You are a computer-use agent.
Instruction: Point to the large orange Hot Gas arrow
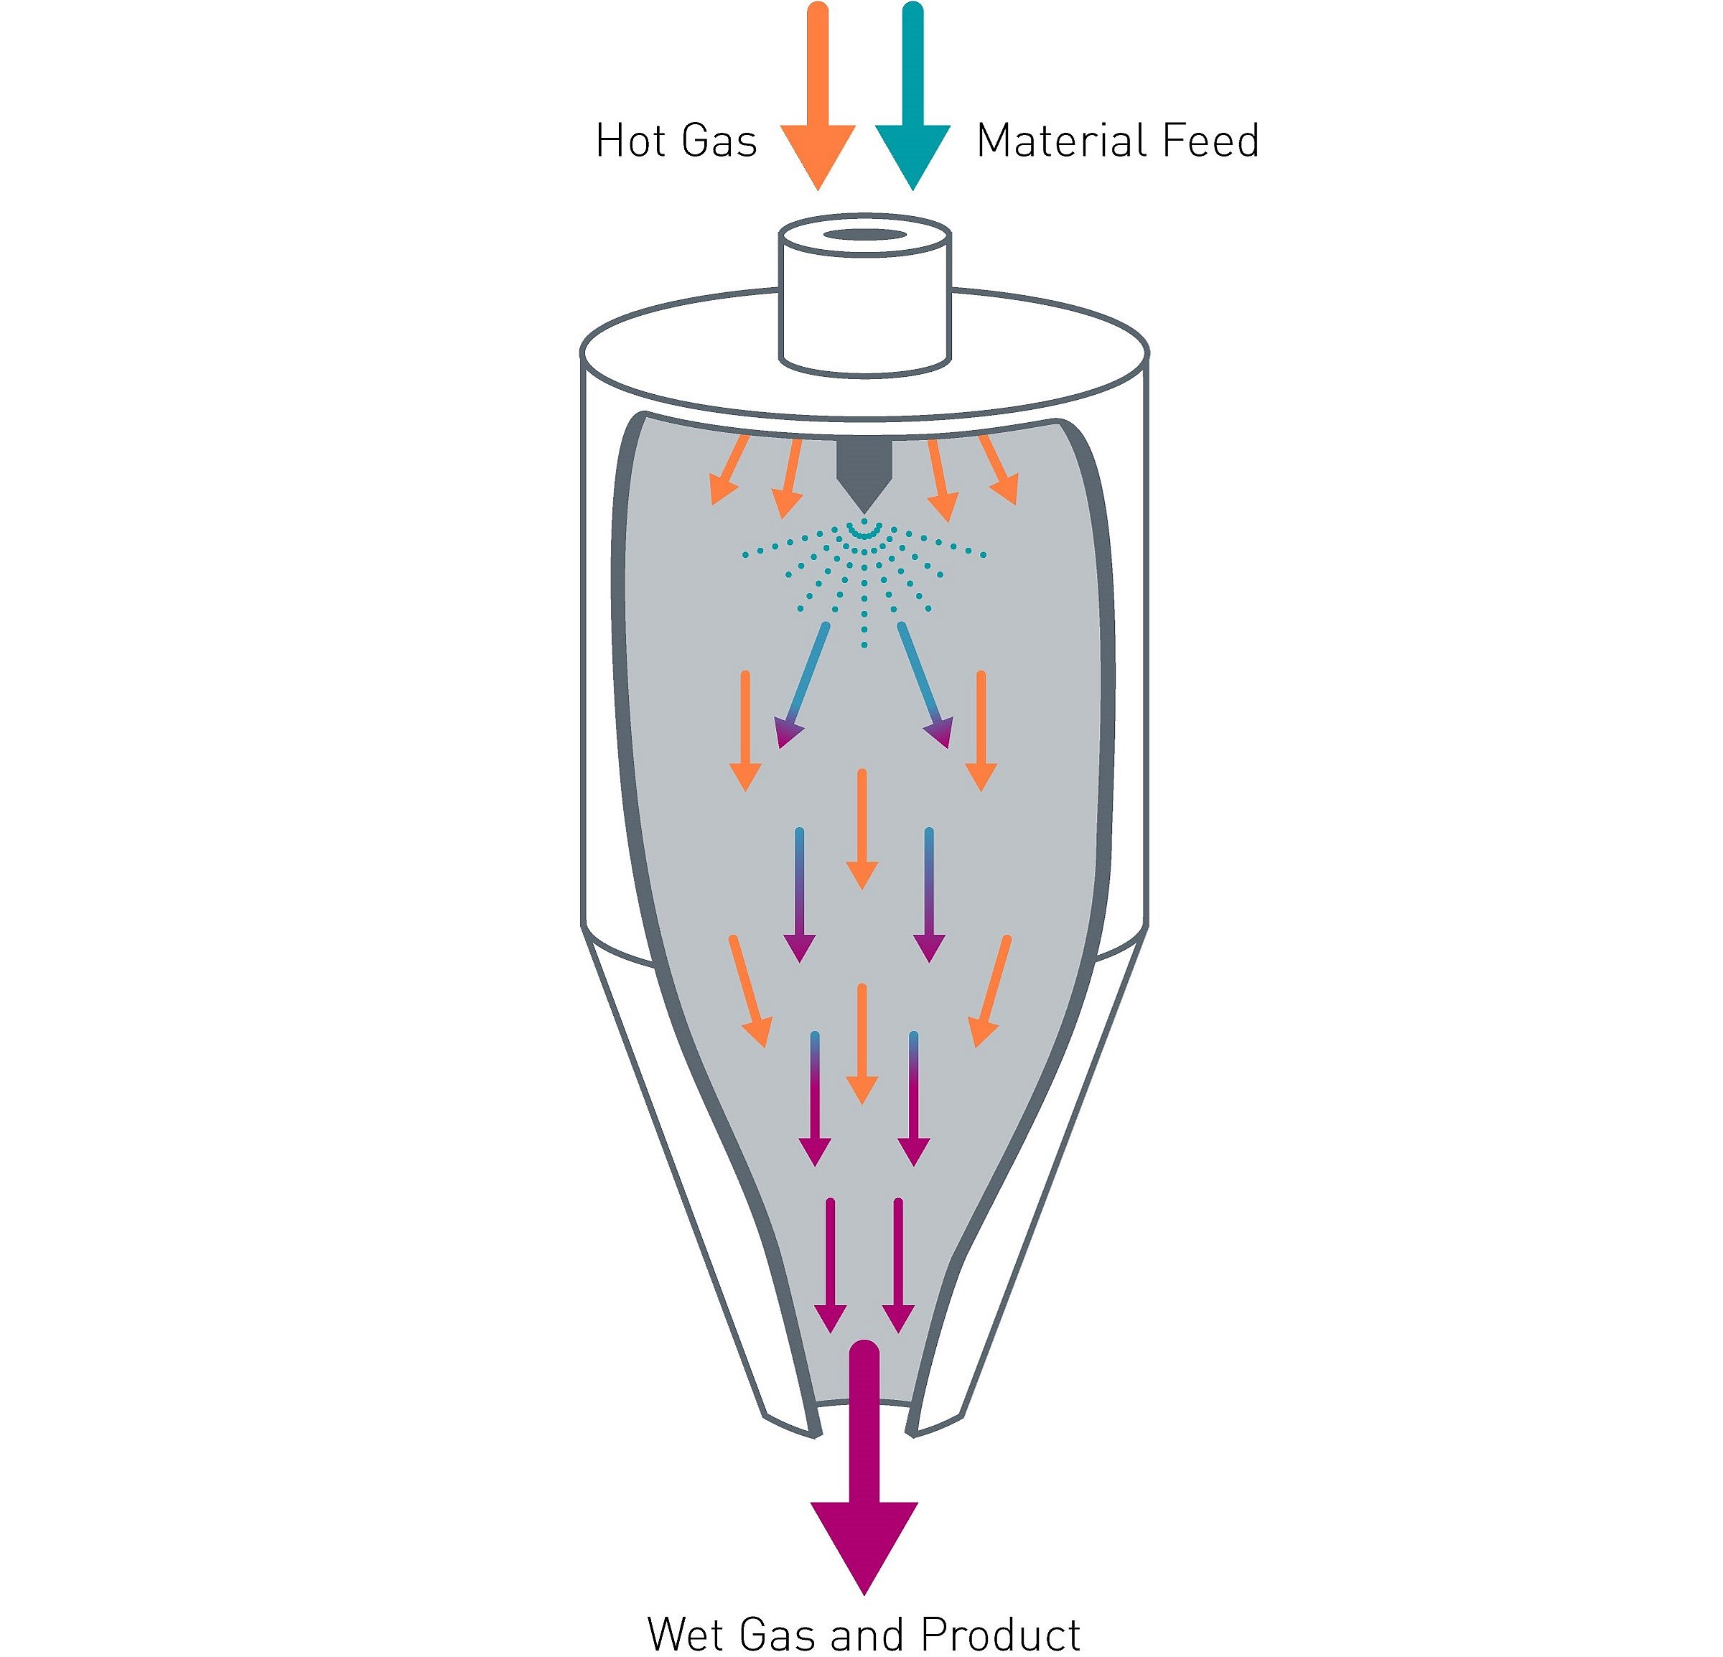tap(818, 97)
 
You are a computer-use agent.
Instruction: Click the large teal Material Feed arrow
tap(912, 97)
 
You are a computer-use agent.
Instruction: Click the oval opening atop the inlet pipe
tap(865, 235)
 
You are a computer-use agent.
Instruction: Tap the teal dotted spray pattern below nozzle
tap(864, 580)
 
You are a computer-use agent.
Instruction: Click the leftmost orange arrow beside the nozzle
tap(729, 470)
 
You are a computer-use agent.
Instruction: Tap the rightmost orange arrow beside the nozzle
tap(999, 470)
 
